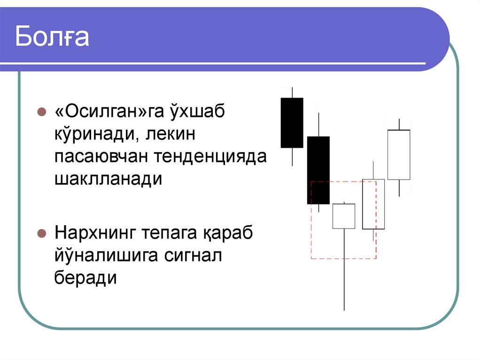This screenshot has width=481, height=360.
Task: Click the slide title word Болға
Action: point(52,38)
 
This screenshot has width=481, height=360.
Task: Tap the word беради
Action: point(85,277)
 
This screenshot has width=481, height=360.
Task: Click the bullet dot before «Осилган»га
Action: point(41,113)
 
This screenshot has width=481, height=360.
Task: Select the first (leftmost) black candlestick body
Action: point(292,123)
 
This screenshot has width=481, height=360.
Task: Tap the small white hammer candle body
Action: point(344,216)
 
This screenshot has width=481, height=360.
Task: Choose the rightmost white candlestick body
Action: point(399,154)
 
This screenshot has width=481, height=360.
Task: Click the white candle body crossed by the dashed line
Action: point(373,204)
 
